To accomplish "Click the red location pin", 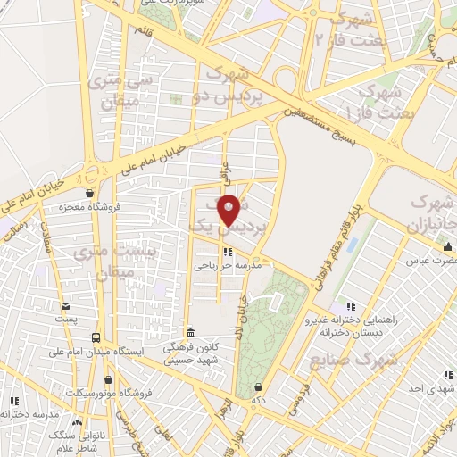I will (x=230, y=209).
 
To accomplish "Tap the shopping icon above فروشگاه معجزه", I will (x=88, y=193).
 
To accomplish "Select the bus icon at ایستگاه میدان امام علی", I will (x=96, y=337).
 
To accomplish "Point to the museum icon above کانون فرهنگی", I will (x=187, y=330).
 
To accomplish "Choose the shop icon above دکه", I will (x=258, y=386).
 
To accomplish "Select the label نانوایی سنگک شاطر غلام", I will (x=57, y=437).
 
